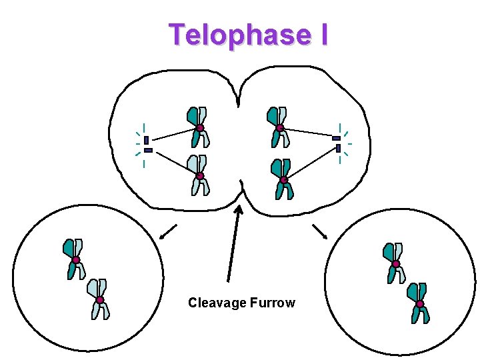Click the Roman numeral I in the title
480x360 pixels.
tap(323, 35)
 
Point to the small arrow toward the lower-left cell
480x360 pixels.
tap(168, 231)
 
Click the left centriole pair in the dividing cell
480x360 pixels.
tap(147, 145)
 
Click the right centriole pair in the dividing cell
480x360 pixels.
tap(337, 143)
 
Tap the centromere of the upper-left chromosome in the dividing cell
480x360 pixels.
tap(199, 128)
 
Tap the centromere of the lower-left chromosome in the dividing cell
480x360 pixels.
tap(199, 176)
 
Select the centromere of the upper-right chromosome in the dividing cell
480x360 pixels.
tap(280, 128)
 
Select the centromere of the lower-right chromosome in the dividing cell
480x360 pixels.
tap(283, 179)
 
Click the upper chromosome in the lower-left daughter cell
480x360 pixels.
tap(75, 259)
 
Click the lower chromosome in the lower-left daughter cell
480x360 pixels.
tap(99, 299)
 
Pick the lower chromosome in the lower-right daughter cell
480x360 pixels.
tap(419, 303)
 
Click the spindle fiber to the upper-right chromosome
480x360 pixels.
tap(308, 133)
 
